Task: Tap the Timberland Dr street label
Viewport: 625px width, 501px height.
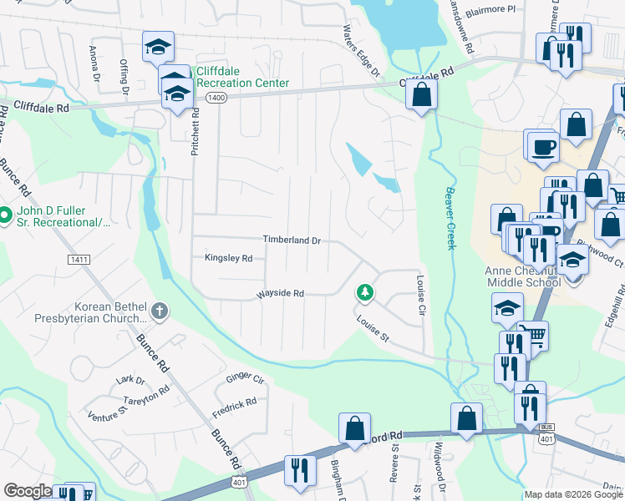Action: (x=292, y=240)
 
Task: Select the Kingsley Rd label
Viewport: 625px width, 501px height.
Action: (x=228, y=259)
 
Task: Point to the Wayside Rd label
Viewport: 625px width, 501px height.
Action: (x=280, y=294)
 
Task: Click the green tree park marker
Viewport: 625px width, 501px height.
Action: (x=364, y=292)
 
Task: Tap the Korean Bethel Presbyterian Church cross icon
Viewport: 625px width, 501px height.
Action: (x=159, y=312)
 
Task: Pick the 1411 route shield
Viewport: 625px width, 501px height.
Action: (x=79, y=261)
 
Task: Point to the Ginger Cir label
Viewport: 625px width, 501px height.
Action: (x=245, y=379)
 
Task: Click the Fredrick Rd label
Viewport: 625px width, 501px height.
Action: (x=234, y=407)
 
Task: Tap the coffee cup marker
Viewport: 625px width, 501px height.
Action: (x=541, y=146)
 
